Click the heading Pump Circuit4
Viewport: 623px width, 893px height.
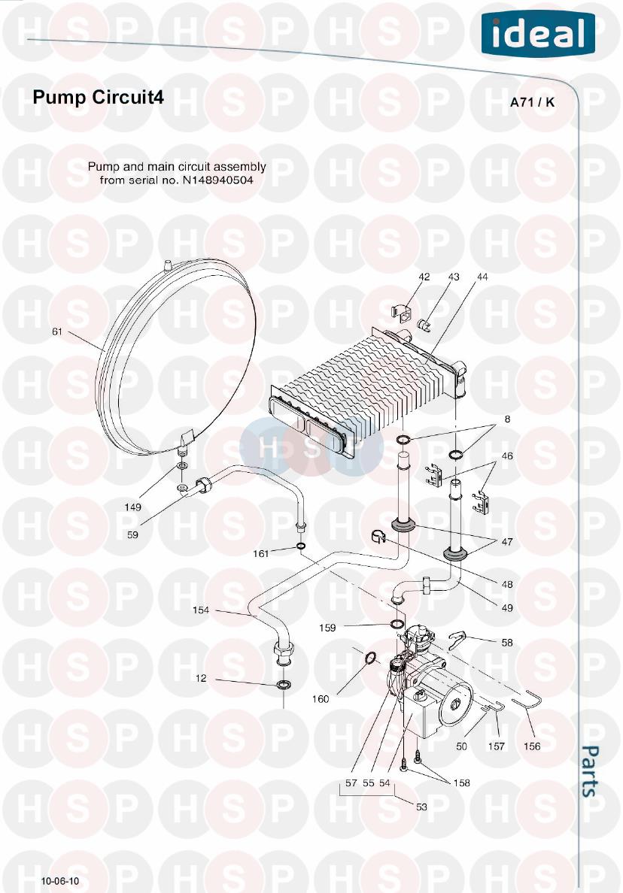pos(97,98)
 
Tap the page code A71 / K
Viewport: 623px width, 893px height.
pos(532,103)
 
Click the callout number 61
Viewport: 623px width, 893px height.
pos(57,331)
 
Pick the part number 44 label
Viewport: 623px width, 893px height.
pos(482,277)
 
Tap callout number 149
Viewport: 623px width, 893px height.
pos(133,507)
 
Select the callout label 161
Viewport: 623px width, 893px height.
pos(260,554)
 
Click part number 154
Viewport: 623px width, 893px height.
pos(201,610)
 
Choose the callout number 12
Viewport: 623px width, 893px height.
pos(201,678)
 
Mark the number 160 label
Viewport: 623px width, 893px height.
pos(321,699)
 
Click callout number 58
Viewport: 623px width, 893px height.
pos(507,642)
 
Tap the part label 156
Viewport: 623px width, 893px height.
pos(532,746)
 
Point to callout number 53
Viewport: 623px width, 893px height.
pos(421,807)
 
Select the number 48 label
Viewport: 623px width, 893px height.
pos(507,584)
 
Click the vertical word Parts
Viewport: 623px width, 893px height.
pos(591,770)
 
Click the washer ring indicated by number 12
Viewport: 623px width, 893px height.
pos(284,685)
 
